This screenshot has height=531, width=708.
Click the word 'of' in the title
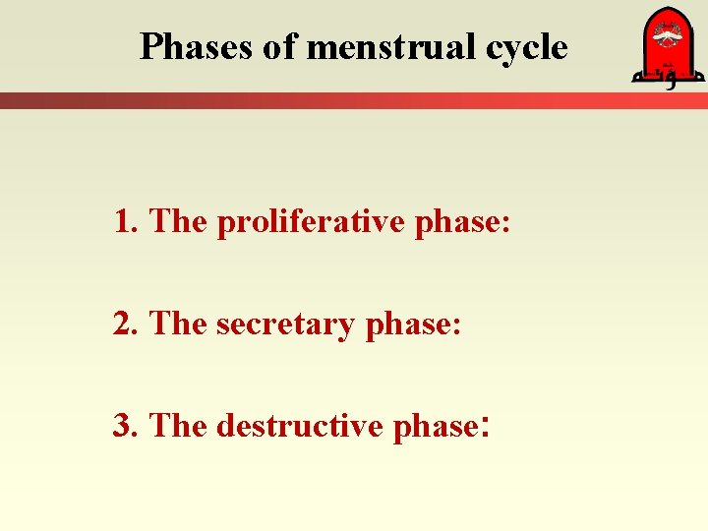(x=280, y=46)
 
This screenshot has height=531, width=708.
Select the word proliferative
(x=312, y=222)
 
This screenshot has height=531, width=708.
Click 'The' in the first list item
(x=178, y=222)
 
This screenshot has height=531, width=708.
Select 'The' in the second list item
(x=178, y=324)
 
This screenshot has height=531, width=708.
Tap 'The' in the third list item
(x=178, y=426)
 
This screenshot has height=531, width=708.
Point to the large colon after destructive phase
(x=483, y=428)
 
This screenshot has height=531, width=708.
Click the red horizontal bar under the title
(x=354, y=100)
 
